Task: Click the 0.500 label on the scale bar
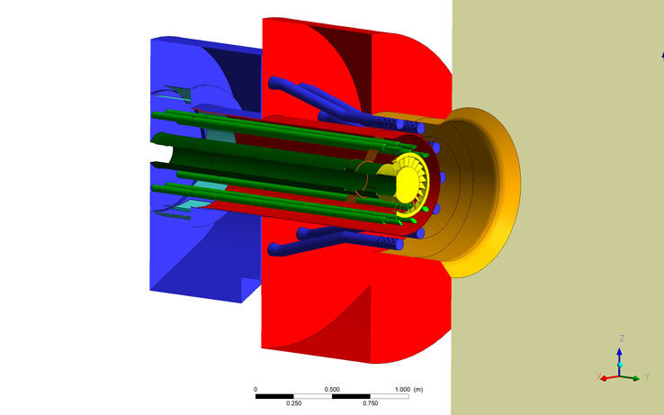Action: (x=332, y=389)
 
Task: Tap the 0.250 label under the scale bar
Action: (x=294, y=403)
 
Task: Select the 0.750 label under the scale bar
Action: (x=371, y=403)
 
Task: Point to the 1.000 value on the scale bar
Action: (x=402, y=389)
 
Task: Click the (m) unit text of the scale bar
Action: (x=418, y=389)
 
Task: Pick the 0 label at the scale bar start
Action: (x=256, y=389)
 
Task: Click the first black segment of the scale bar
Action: (x=274, y=396)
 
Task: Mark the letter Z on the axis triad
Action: (x=622, y=338)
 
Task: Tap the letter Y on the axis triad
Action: (x=647, y=376)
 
